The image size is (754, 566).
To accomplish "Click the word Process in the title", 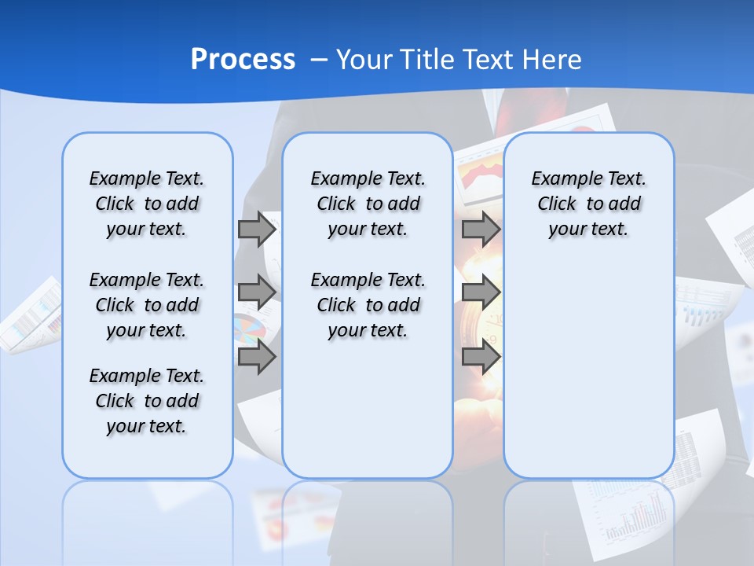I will [x=243, y=60].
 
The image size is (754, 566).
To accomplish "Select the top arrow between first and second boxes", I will [x=256, y=230].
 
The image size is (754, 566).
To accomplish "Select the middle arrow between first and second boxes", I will [x=256, y=292].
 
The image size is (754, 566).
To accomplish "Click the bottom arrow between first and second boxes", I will [x=256, y=358].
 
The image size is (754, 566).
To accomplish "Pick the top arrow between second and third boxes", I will [x=480, y=230].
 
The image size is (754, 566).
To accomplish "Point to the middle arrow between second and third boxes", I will [x=480, y=292].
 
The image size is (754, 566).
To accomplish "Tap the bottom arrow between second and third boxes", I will [x=480, y=358].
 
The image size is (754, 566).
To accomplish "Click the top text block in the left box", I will [x=147, y=204].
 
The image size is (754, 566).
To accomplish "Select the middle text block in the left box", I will [x=147, y=305].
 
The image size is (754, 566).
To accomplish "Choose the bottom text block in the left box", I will [x=147, y=401].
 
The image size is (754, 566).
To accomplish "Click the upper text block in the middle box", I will [x=368, y=204].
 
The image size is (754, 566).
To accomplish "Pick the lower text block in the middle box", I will [x=368, y=305].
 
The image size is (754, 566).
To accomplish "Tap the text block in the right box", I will [x=588, y=204].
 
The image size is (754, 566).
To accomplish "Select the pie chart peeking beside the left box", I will [x=247, y=330].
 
